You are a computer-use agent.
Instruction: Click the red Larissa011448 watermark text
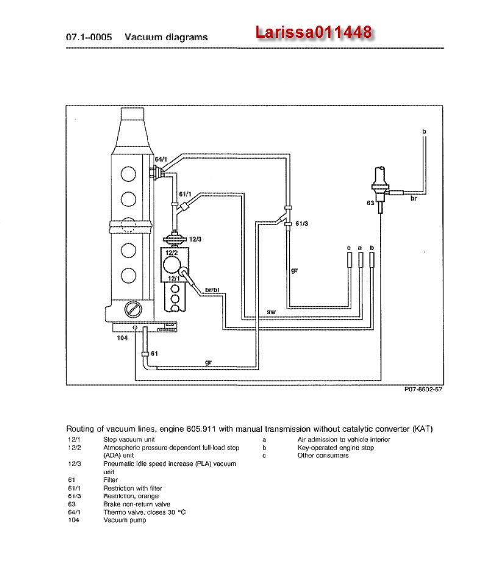(x=314, y=33)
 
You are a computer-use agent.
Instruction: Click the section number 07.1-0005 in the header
(x=88, y=37)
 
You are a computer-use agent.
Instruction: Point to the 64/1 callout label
(x=159, y=159)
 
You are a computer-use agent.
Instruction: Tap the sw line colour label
(x=271, y=312)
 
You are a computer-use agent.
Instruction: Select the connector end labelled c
(x=349, y=260)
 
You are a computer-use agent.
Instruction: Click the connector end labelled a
(x=360, y=260)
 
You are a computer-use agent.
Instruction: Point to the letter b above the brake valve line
(x=424, y=132)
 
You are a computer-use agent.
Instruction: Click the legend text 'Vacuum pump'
(x=124, y=520)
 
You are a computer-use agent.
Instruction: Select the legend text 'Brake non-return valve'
(x=137, y=504)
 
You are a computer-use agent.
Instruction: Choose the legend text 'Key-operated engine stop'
(x=335, y=448)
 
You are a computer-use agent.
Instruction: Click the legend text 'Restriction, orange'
(x=131, y=496)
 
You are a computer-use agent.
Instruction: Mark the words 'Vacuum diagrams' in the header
(x=166, y=37)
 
